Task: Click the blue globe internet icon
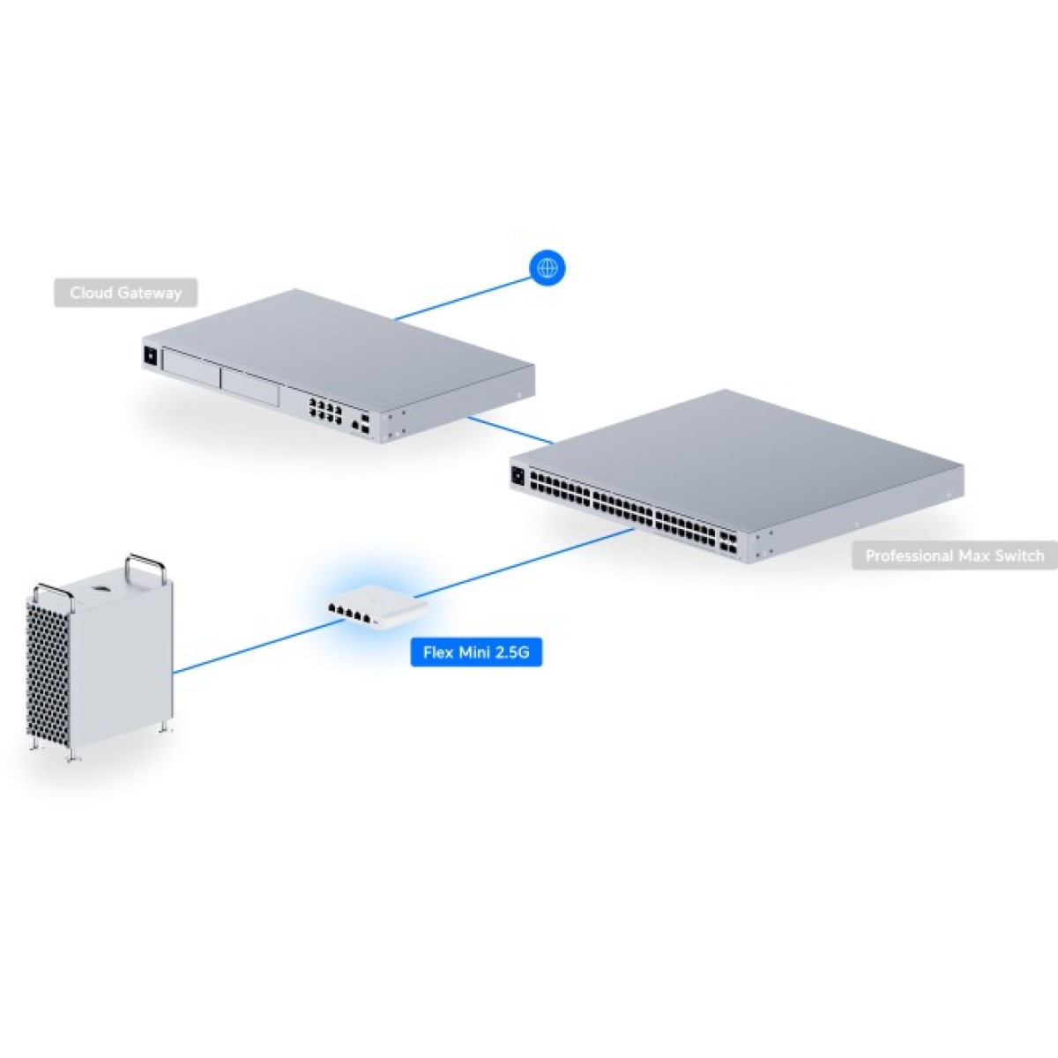click(x=547, y=268)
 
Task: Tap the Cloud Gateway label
click(x=125, y=293)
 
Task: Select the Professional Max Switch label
click(x=954, y=555)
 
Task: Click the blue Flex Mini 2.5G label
click(x=476, y=652)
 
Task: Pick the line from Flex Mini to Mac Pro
click(x=256, y=646)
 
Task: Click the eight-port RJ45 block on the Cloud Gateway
click(x=324, y=410)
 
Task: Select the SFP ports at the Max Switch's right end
click(x=728, y=541)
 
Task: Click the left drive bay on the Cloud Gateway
click(x=190, y=369)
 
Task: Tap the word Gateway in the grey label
click(x=152, y=293)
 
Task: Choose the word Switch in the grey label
click(x=1019, y=555)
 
